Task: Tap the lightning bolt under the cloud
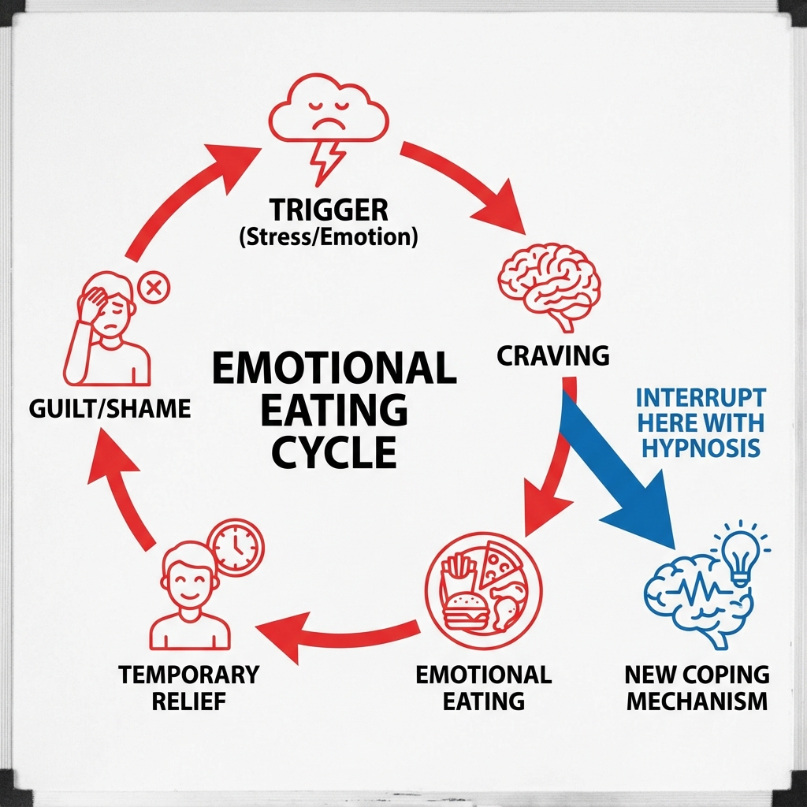tap(325, 161)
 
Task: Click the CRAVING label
tap(553, 355)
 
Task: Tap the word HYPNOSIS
tap(701, 448)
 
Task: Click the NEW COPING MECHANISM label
tap(696, 688)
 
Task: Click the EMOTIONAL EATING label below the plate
tap(483, 687)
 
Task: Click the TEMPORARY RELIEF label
tap(188, 686)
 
